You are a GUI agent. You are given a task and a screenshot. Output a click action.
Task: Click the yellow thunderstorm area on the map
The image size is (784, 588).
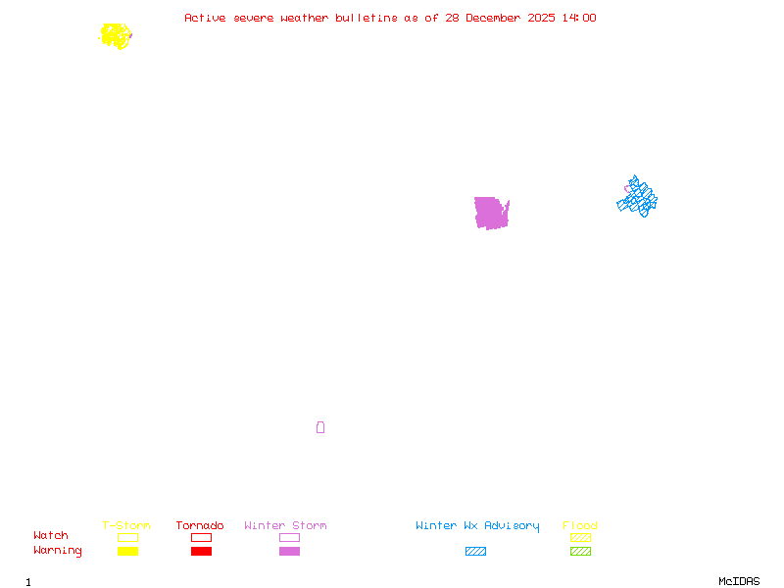tap(116, 36)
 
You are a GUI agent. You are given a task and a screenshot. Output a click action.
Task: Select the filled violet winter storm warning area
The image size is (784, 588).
tap(490, 213)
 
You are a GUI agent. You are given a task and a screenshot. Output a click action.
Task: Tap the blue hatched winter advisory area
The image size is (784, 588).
tap(638, 198)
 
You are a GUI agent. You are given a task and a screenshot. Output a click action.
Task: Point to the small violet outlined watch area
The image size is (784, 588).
tap(320, 427)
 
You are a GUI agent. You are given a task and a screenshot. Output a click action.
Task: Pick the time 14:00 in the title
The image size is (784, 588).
tap(578, 18)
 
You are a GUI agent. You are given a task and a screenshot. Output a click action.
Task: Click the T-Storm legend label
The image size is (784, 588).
tap(126, 526)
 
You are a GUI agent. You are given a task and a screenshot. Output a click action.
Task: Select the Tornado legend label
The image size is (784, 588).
tap(200, 526)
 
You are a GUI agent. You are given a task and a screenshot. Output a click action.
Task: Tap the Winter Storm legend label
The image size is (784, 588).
tap(285, 526)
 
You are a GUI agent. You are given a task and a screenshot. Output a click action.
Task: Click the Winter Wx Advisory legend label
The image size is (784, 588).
tap(477, 526)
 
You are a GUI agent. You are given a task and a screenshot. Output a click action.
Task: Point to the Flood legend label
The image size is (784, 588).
tap(580, 526)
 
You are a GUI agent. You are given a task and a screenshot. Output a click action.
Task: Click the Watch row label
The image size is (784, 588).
tap(51, 536)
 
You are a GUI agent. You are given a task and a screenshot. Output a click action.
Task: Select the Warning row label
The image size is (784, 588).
tap(58, 551)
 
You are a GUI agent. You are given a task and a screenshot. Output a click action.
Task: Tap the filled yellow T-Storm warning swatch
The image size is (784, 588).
tap(127, 552)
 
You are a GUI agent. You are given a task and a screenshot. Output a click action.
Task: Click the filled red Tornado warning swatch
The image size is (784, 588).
tap(201, 552)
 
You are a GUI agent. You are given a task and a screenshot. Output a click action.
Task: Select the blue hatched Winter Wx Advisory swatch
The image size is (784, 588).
tap(475, 552)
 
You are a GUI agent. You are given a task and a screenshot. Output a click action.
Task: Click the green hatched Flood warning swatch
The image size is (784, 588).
tap(580, 552)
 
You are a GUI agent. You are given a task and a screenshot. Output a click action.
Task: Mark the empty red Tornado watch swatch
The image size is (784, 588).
tap(201, 538)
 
